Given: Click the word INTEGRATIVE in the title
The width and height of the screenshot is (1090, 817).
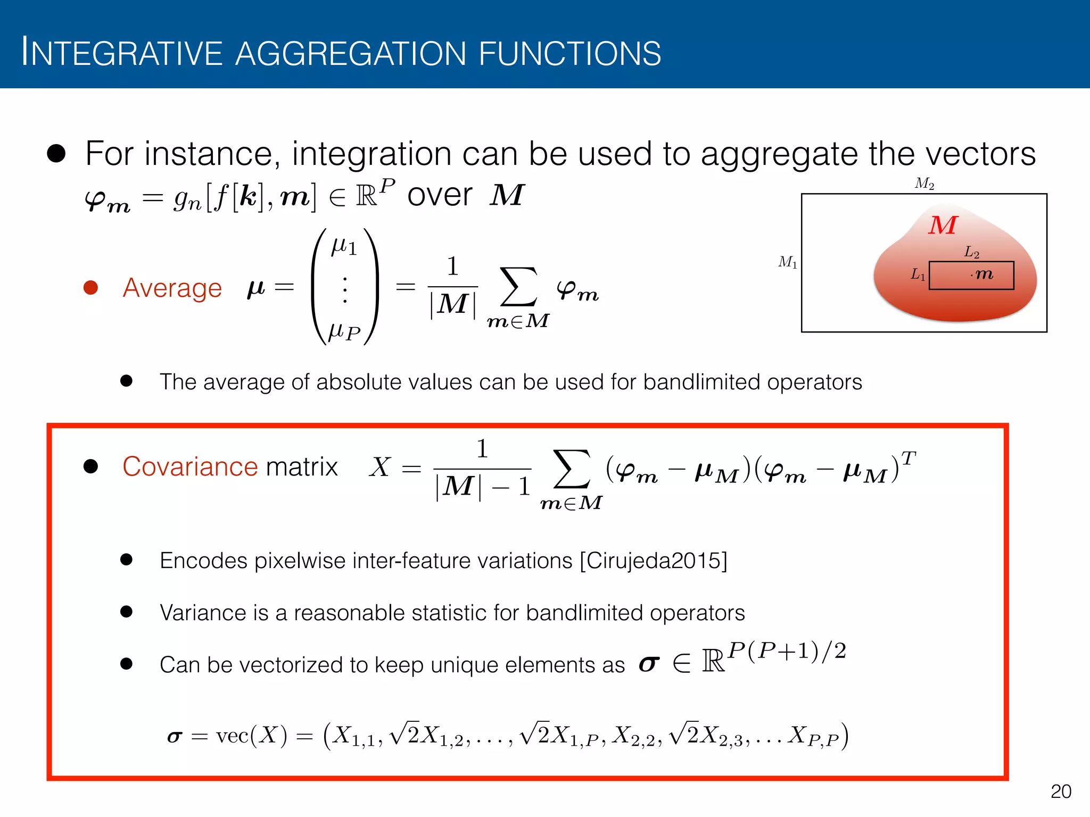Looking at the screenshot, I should (x=121, y=54).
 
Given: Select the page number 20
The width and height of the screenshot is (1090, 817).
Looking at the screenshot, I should (x=1061, y=791).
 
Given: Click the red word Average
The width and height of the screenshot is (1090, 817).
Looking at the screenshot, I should (x=172, y=288).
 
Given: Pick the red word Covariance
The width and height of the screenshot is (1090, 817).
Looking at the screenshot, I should (x=190, y=467).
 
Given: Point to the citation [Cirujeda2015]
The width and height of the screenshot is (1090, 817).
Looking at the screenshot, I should (x=654, y=561).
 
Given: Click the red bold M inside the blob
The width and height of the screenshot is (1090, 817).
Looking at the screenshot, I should (x=943, y=225).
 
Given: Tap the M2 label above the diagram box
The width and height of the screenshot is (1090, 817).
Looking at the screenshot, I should (x=924, y=184).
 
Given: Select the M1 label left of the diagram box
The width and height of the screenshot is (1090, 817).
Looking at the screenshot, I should (x=788, y=262).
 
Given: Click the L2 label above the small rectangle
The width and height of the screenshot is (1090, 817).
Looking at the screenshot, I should (x=971, y=252).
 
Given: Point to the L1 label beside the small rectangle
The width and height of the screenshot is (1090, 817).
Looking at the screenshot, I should (x=918, y=274).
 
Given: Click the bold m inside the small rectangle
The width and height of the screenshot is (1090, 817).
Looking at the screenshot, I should (x=984, y=274).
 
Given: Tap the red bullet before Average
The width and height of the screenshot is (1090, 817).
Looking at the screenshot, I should (x=91, y=288).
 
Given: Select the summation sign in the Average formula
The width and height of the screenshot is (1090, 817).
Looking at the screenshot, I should (x=518, y=287).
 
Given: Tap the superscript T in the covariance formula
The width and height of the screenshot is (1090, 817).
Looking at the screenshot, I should (x=909, y=457).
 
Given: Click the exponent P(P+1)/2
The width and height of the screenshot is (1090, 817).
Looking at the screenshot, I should (x=787, y=651).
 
